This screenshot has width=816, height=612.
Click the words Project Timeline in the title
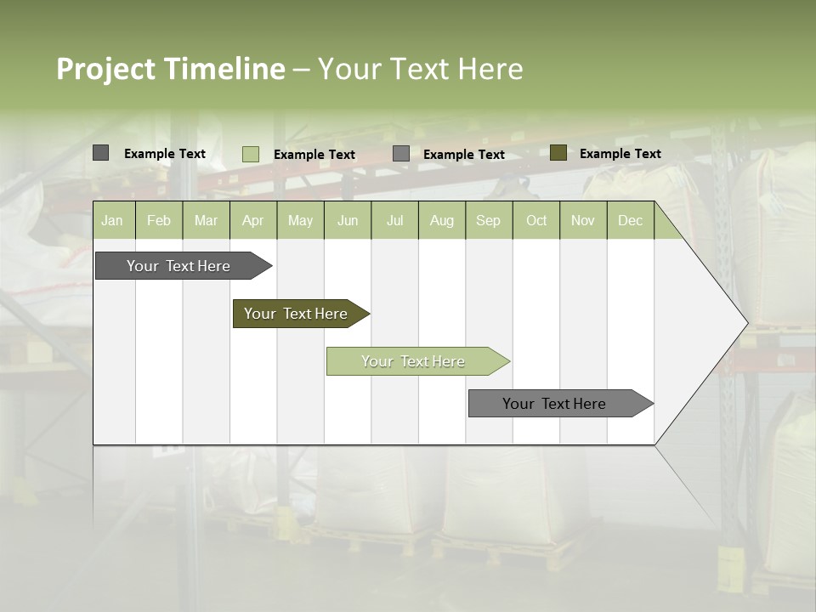tap(170, 69)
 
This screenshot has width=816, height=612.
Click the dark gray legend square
tap(100, 153)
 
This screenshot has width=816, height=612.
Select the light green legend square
tap(250, 154)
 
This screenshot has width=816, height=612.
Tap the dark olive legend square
tap(558, 153)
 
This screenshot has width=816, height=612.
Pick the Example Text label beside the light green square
tap(314, 155)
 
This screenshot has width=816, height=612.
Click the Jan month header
tap(112, 221)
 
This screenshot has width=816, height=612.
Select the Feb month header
tap(159, 221)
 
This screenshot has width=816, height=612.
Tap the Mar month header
tap(206, 221)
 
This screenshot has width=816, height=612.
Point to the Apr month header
tap(252, 221)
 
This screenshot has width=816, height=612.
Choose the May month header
tap(300, 221)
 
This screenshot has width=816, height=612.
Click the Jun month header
tap(348, 221)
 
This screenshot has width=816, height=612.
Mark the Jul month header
tap(394, 221)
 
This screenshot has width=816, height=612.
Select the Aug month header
tap(441, 221)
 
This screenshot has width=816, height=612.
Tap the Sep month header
tap(488, 221)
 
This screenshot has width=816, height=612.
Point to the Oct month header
tap(536, 221)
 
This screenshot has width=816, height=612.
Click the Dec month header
tap(630, 221)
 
